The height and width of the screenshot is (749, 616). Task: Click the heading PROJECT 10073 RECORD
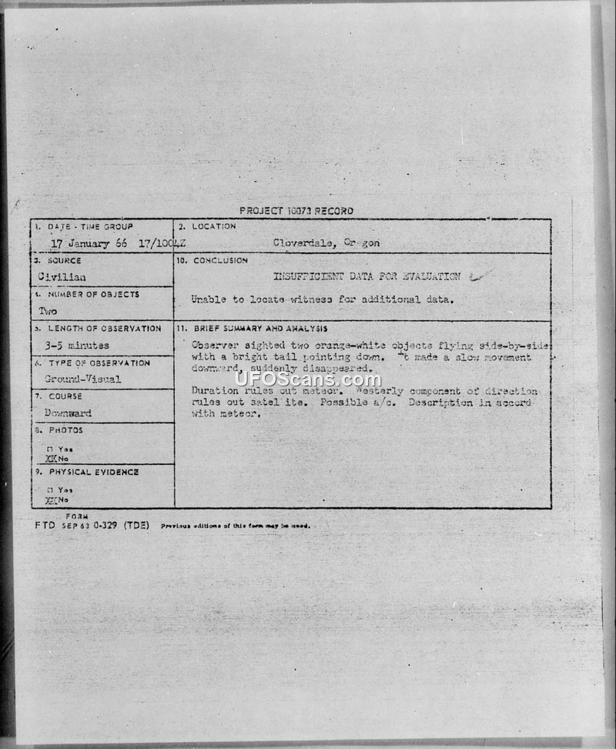pyautogui.click(x=296, y=210)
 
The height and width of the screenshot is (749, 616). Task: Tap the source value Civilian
pyautogui.click(x=61, y=276)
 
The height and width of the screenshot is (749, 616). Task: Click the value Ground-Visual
pyautogui.click(x=82, y=379)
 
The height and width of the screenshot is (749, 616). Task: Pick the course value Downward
pyautogui.click(x=67, y=413)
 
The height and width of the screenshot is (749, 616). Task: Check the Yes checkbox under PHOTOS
pyautogui.click(x=49, y=449)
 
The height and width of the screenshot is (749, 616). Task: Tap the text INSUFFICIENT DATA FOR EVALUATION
pyautogui.click(x=367, y=276)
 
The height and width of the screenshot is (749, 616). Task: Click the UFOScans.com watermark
pyautogui.click(x=307, y=380)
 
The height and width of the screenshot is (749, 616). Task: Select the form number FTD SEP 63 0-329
pyautogui.click(x=91, y=525)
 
